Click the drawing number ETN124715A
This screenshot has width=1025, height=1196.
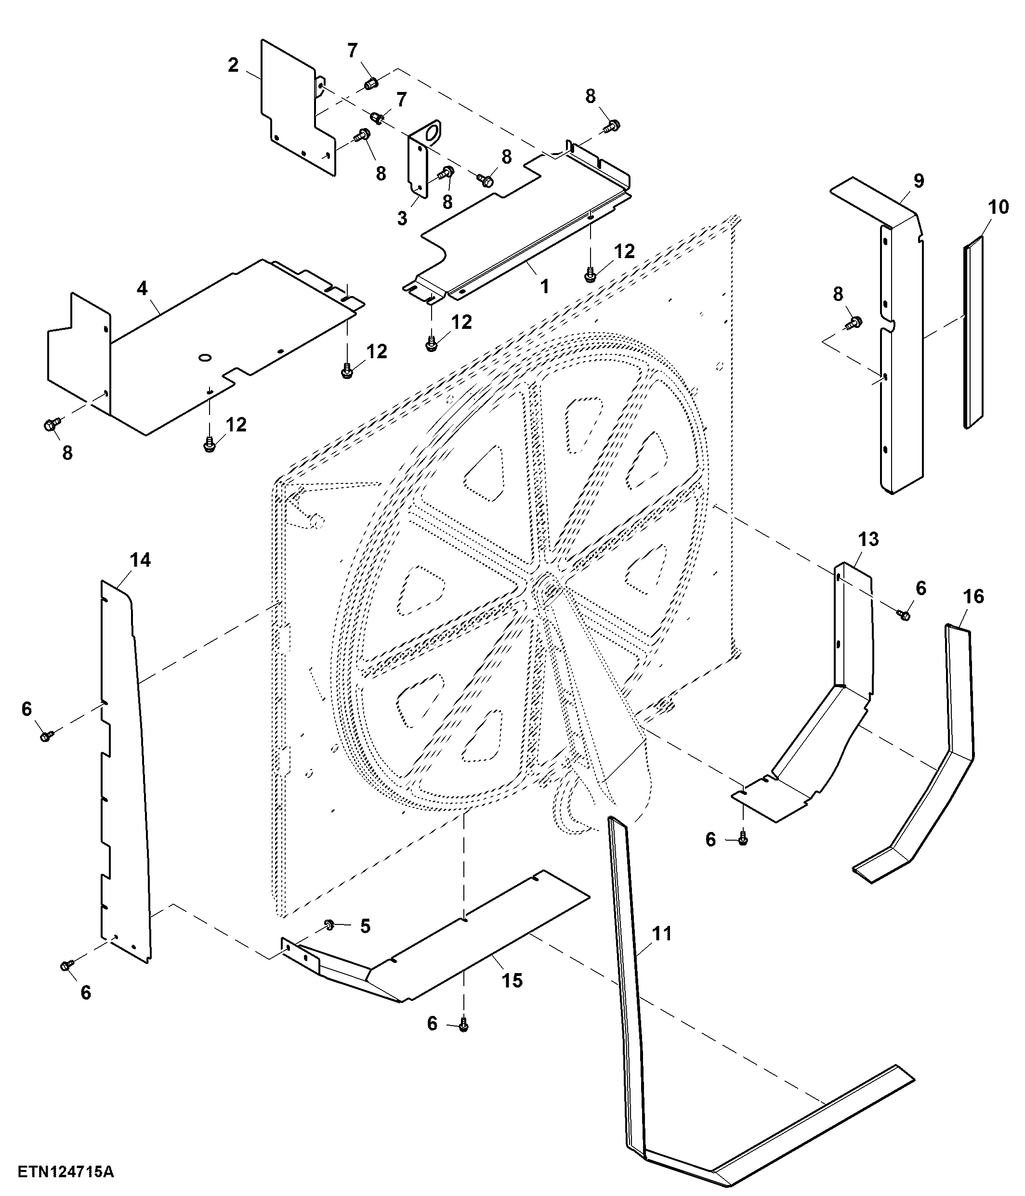(66, 1172)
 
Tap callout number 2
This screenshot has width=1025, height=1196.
(233, 65)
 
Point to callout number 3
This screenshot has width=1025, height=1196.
(402, 218)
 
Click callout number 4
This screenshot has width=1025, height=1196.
(142, 288)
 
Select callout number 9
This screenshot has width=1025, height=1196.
(919, 181)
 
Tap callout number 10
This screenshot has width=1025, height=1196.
(999, 207)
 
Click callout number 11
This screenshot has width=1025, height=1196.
(662, 934)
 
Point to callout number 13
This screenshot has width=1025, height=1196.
(868, 539)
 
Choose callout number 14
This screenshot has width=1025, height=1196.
(140, 560)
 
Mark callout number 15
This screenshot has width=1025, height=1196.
(512, 981)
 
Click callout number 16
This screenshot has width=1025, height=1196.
(974, 596)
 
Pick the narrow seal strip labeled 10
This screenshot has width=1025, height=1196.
(973, 332)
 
